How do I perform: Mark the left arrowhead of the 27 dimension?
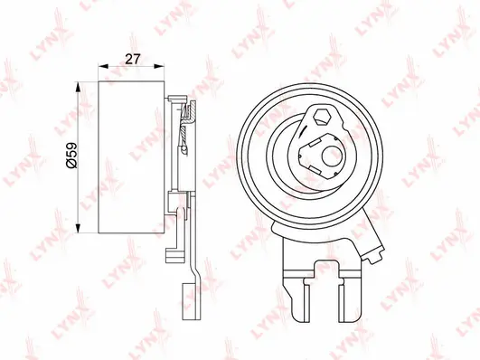100,68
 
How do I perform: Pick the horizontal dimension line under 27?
132,68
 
